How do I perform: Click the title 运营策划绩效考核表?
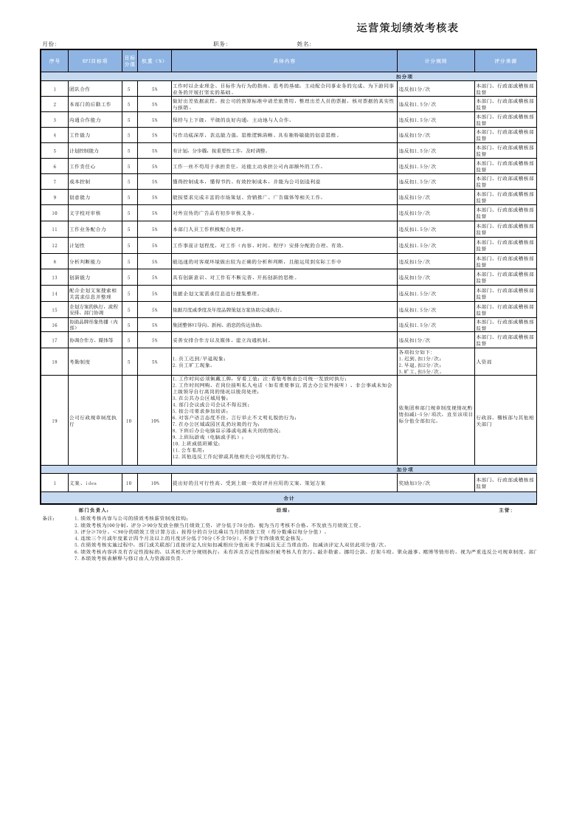point(407,28)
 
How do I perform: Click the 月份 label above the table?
point(49,44)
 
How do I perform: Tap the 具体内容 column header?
point(284,61)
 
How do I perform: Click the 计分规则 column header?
point(435,61)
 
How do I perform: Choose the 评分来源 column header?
point(505,61)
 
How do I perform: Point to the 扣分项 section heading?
point(404,76)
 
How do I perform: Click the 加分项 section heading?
point(404,469)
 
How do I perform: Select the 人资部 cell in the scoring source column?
point(485,362)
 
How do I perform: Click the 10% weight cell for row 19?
point(155,421)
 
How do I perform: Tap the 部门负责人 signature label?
point(94,510)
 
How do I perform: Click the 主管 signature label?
point(505,510)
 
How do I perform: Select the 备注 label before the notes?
point(49,518)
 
